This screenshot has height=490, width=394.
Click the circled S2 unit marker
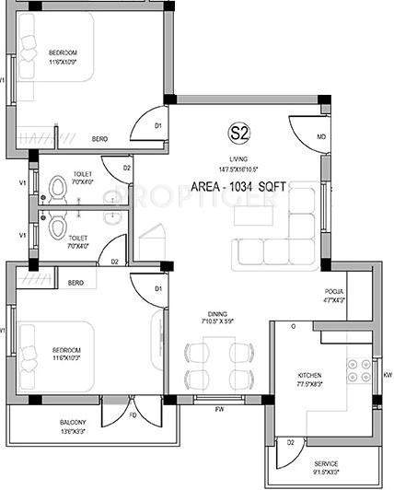pos(239,133)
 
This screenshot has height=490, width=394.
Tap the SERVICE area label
pos(326,462)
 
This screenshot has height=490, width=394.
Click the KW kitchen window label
pos(388,375)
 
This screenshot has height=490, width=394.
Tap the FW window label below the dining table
pos(220,408)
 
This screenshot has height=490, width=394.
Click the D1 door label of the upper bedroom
pos(157,125)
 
